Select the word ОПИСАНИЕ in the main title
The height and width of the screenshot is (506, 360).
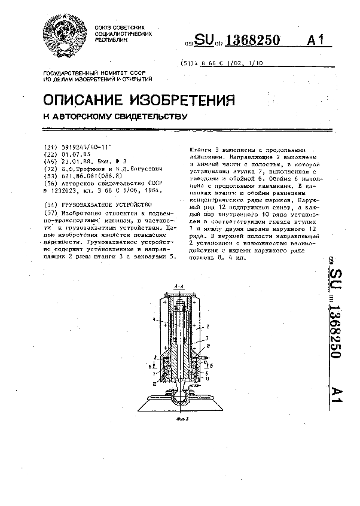94,99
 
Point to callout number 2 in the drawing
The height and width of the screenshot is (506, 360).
207,327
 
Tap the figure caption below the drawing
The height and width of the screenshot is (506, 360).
183,419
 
